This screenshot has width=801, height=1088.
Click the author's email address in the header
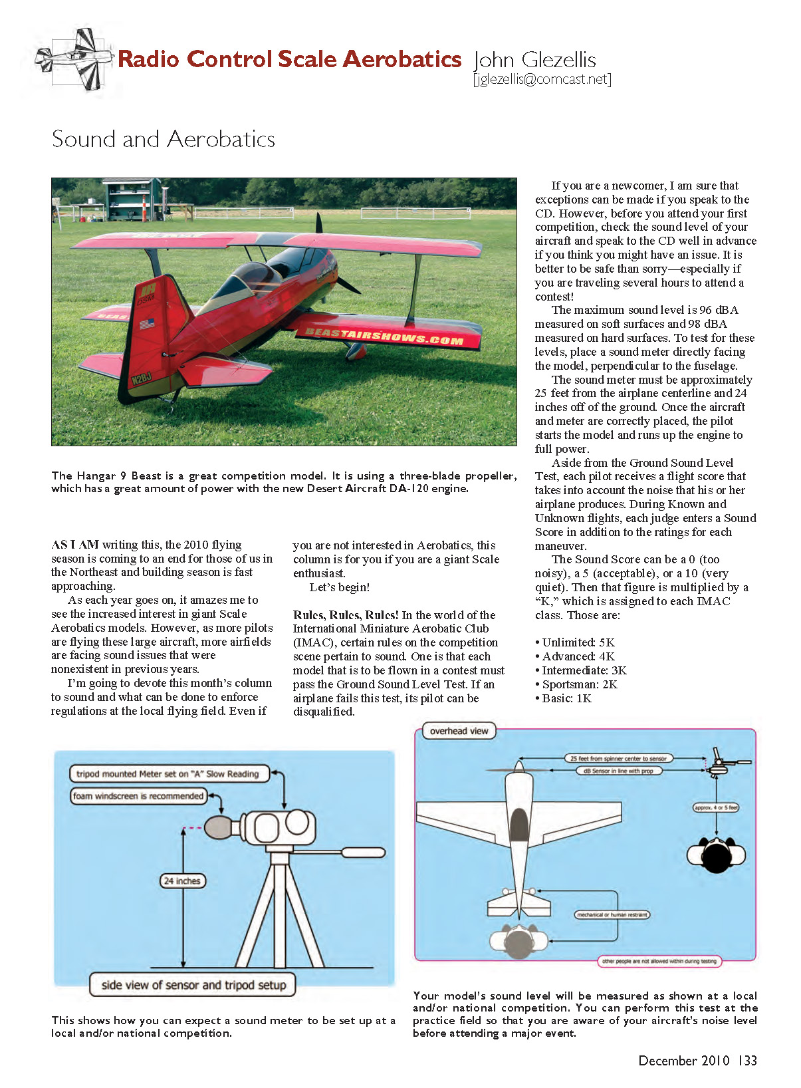tap(542, 79)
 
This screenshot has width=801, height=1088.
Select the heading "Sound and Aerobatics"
tap(164, 139)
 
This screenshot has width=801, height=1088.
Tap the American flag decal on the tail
tap(147, 325)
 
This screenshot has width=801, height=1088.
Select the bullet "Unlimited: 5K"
tap(575, 642)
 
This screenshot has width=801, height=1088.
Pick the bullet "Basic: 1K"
tap(564, 698)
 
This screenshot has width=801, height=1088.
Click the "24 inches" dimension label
tap(182, 881)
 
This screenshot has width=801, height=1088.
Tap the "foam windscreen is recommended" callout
tap(138, 796)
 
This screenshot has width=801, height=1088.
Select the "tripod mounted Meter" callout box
tap(168, 773)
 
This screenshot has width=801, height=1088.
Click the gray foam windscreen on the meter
tap(219, 827)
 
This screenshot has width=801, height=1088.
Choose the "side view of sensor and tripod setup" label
tap(193, 985)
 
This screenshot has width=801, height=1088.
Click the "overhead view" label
tap(459, 732)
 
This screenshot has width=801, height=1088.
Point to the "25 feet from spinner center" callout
tap(618, 758)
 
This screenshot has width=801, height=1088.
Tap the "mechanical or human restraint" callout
tap(612, 915)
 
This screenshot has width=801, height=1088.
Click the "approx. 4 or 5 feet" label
tap(716, 807)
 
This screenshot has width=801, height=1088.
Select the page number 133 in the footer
tap(747, 1061)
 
